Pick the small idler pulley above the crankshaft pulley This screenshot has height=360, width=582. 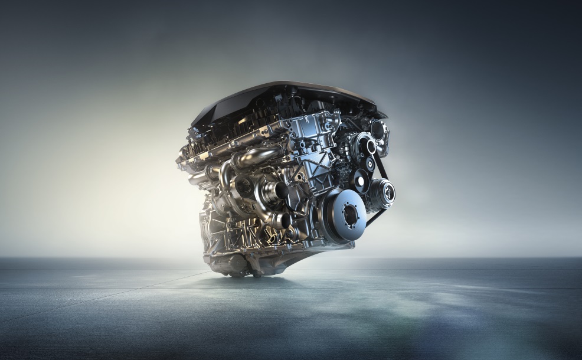pyautogui.click(x=359, y=177)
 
